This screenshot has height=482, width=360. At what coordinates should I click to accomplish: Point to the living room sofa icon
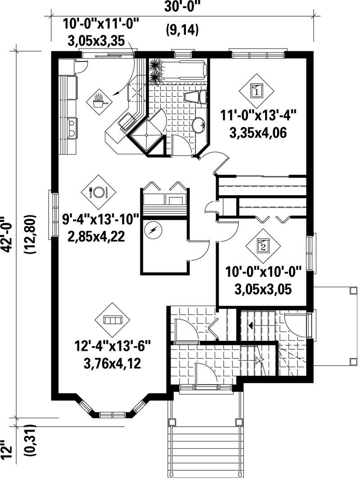click(112, 320)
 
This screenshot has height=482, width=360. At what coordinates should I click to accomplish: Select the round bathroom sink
click(198, 124)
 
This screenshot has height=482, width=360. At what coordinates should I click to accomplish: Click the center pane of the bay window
click(112, 414)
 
